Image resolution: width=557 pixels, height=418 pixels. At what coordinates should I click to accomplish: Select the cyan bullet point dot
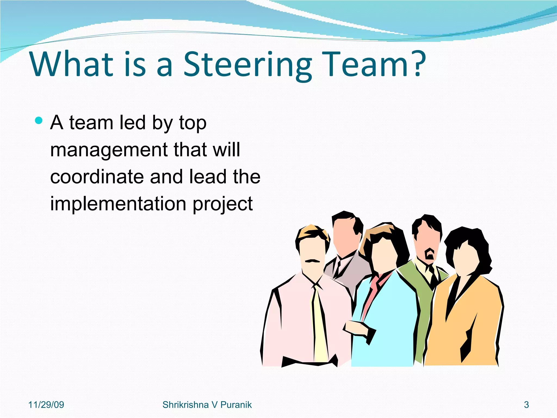tap(39, 121)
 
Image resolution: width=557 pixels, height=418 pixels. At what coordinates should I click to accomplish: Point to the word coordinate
tap(97, 177)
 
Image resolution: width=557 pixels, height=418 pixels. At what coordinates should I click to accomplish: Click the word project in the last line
tap(222, 205)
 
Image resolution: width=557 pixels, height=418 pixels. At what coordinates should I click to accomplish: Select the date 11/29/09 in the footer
tap(46, 405)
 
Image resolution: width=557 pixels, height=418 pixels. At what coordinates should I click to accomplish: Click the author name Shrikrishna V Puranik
tap(207, 405)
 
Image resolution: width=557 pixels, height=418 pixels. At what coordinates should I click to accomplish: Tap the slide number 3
tap(526, 405)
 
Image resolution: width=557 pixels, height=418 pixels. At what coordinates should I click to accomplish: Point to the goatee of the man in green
tap(430, 254)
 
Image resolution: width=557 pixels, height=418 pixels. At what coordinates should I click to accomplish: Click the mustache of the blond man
tap(312, 261)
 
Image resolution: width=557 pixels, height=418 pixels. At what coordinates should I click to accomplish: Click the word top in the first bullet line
tap(193, 123)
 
